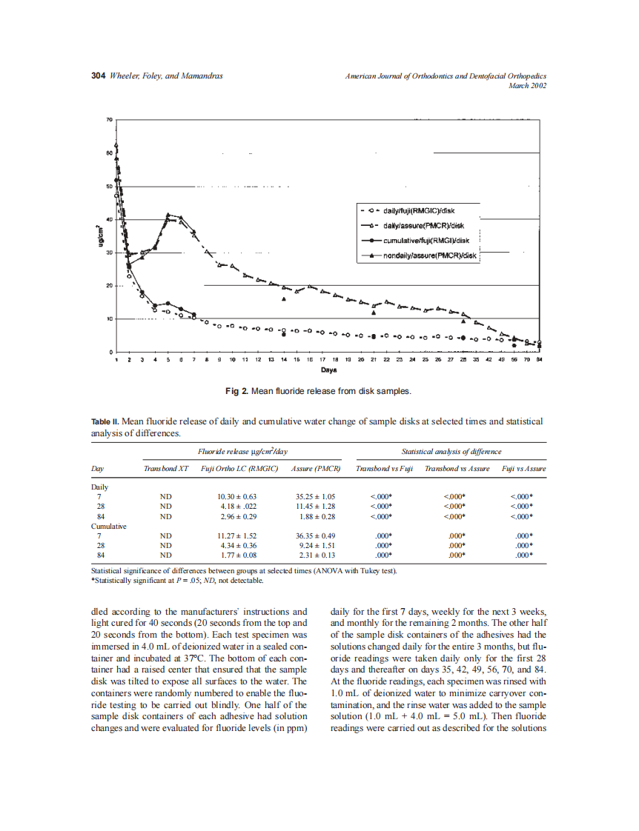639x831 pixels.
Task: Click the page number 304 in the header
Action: (x=98, y=76)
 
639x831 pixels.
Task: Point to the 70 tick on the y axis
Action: (x=109, y=119)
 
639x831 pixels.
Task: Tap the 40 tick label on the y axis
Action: (x=109, y=219)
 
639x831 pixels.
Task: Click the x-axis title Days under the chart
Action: (x=328, y=369)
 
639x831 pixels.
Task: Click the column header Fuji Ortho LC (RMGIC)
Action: (x=234, y=469)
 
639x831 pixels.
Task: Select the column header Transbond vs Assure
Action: (x=457, y=469)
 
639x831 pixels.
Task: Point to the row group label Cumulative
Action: (x=108, y=525)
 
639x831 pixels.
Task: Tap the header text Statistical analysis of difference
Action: (x=451, y=451)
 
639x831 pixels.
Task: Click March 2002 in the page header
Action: (x=527, y=85)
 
